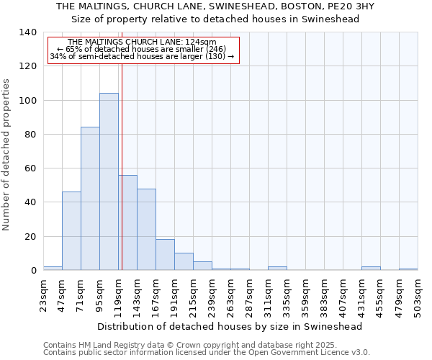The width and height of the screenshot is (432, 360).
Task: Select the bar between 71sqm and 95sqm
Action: [x=90, y=199]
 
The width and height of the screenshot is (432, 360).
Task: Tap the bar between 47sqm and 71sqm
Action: [x=71, y=230]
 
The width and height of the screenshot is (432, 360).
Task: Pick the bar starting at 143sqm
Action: [x=146, y=229]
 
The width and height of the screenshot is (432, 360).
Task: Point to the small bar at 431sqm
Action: [x=371, y=269]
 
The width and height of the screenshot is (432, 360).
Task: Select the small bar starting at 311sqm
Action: [x=277, y=269]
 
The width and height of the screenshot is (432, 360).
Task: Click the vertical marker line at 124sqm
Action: [x=122, y=166]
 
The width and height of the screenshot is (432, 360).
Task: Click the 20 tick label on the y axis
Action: [x=30, y=236]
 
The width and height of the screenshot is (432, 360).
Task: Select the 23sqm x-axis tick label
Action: [x=43, y=294]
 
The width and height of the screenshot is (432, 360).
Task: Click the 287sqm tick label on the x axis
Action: [x=249, y=294]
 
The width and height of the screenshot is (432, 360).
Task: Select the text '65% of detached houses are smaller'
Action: [x=142, y=49]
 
